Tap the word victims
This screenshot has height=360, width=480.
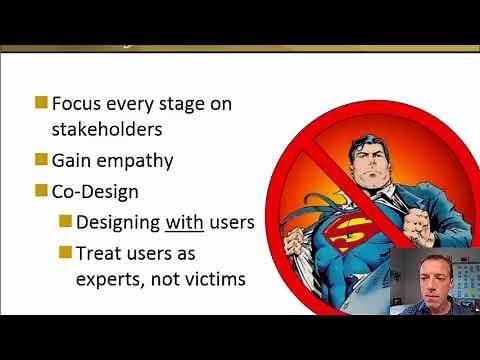(x=212, y=280)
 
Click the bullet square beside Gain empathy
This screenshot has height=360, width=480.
(x=41, y=159)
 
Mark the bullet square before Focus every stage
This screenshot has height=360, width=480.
(x=41, y=102)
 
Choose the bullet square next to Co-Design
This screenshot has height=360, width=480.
(x=41, y=190)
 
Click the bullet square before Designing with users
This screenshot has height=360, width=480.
(x=65, y=220)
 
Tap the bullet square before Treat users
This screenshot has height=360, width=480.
(x=65, y=251)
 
